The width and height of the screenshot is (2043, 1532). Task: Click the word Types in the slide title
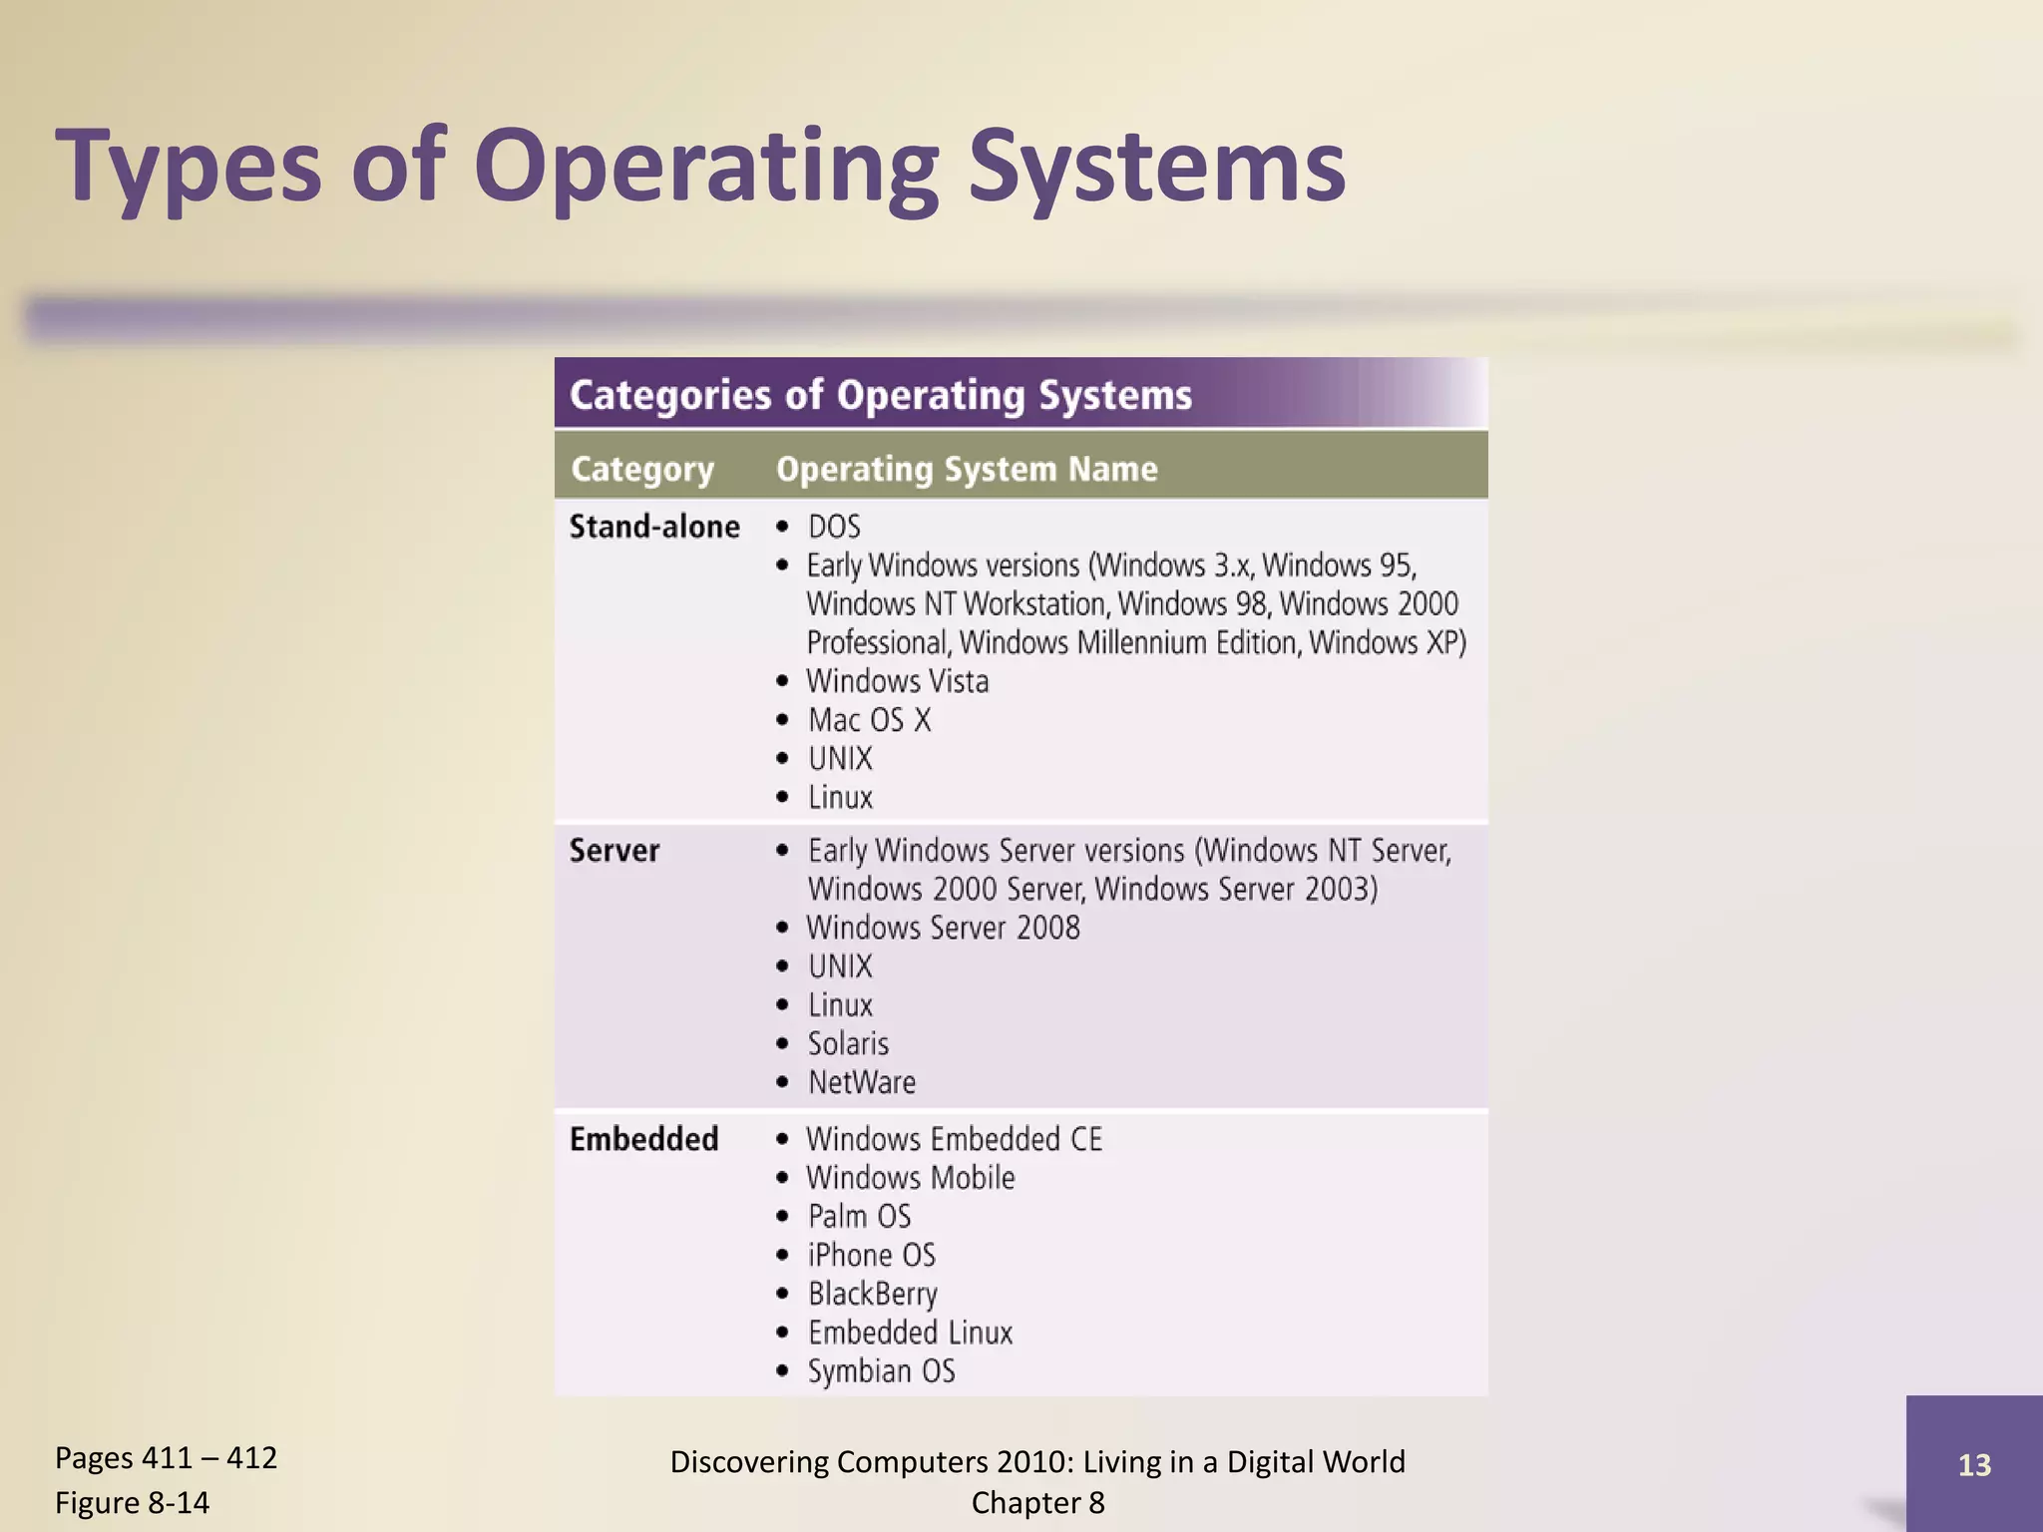189,167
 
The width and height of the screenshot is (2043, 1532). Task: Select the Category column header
642,469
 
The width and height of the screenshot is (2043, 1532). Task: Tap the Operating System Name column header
967,469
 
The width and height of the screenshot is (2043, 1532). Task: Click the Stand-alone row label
654,527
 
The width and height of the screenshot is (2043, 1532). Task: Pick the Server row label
614,851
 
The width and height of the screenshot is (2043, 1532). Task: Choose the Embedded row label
643,1139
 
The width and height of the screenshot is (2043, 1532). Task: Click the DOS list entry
834,527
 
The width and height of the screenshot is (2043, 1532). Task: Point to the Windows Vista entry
898,681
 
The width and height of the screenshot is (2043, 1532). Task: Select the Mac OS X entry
869,720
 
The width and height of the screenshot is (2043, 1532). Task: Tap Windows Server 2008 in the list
943,928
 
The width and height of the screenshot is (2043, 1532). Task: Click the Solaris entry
848,1044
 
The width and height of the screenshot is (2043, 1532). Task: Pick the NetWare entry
862,1082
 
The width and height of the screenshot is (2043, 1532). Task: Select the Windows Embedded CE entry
955,1139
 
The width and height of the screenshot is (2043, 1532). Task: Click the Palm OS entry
859,1217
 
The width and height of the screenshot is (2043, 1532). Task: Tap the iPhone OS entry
872,1255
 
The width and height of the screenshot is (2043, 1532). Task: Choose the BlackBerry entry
873,1294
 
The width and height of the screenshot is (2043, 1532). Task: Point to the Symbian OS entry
882,1371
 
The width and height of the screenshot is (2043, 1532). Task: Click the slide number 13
1974,1464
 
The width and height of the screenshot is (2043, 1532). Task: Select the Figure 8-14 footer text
133,1502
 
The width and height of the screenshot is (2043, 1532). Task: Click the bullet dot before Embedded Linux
783,1333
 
